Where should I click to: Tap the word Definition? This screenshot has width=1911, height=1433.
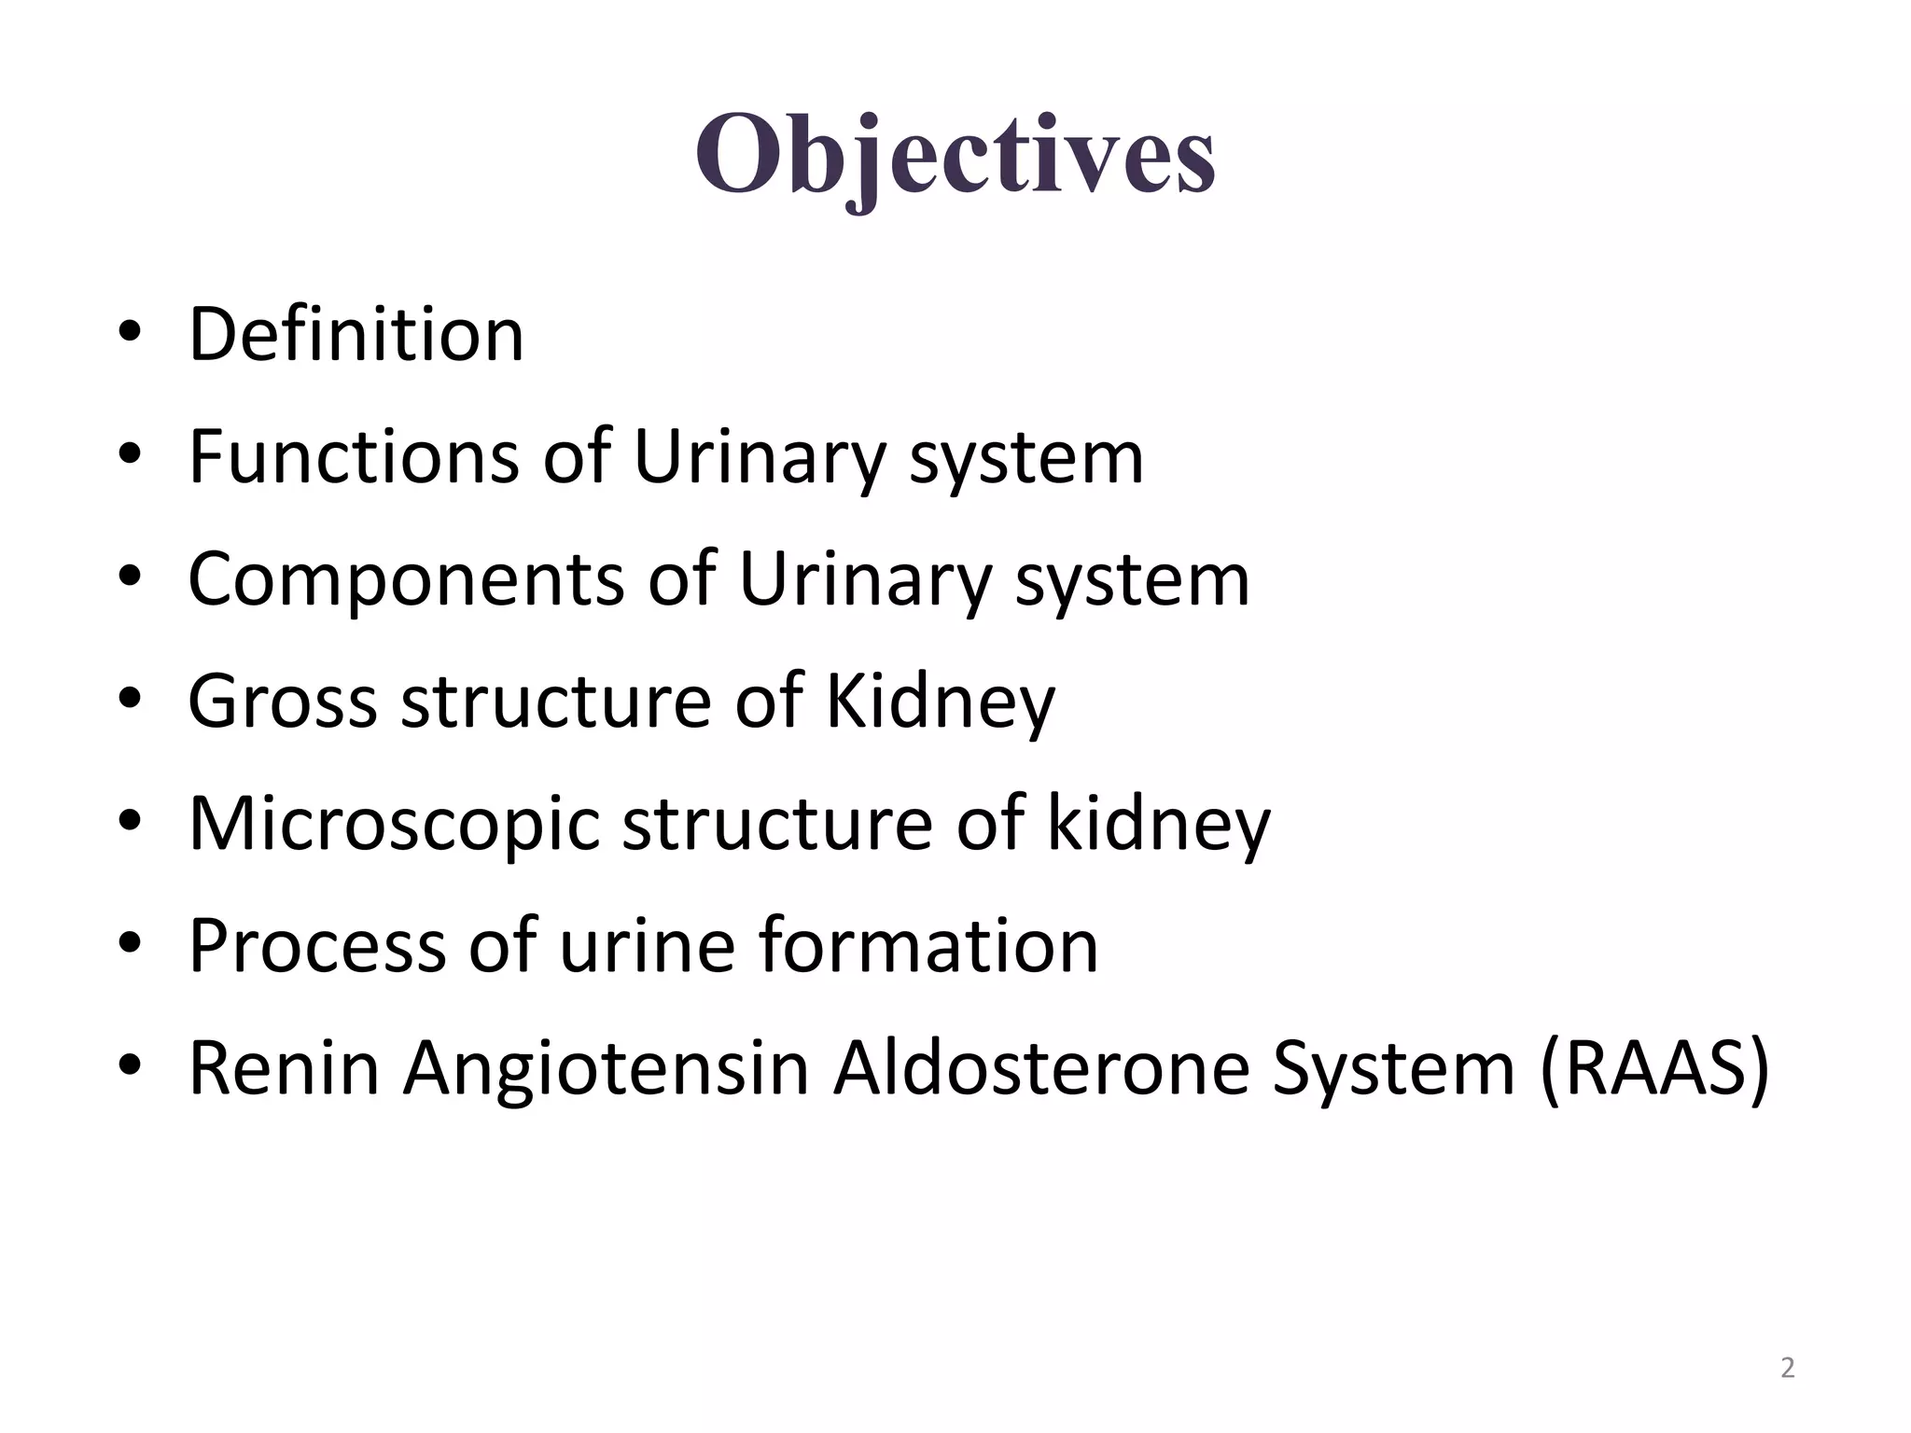pyautogui.click(x=356, y=334)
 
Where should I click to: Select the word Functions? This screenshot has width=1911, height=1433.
pyautogui.click(x=354, y=456)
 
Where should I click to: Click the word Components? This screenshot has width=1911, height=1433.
pyautogui.click(x=406, y=578)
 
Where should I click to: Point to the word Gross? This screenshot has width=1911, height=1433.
pyautogui.click(x=282, y=701)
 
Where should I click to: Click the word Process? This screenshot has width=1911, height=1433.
pyautogui.click(x=316, y=945)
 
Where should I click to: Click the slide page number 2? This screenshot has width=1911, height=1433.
pyautogui.click(x=1787, y=1368)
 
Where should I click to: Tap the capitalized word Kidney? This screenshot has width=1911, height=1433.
pyautogui.click(x=940, y=701)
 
